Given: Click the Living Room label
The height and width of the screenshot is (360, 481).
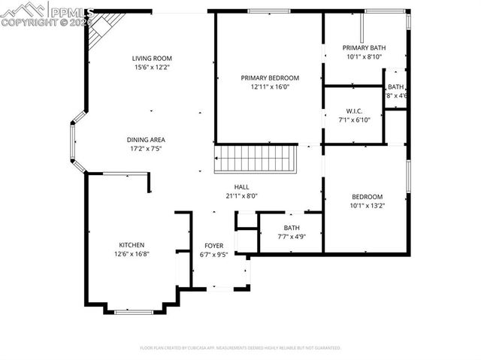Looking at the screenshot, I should tap(153, 59).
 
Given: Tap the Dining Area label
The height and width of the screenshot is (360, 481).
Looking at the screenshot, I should tap(146, 139).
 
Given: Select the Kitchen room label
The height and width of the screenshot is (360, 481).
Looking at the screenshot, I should tap(132, 245).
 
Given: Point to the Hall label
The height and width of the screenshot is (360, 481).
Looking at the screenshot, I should tap(241, 187).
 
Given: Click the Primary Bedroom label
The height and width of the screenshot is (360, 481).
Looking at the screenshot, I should tap(270, 77).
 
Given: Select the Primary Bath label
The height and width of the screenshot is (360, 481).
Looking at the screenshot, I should tap(365, 47).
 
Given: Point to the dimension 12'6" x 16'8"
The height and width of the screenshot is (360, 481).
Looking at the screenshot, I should tap(132, 254).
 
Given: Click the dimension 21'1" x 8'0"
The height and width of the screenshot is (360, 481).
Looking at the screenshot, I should tap(241, 196).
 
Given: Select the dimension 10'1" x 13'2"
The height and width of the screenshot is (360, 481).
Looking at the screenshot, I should tap(367, 205).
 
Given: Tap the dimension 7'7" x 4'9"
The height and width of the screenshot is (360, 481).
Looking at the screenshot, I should tap(291, 237).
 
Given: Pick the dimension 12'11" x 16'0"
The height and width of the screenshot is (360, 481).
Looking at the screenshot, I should tap(270, 86).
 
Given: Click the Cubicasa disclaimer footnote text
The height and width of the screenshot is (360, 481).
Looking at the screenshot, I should tap(240, 348).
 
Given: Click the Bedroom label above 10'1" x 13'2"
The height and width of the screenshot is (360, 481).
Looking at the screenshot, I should tap(367, 196).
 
